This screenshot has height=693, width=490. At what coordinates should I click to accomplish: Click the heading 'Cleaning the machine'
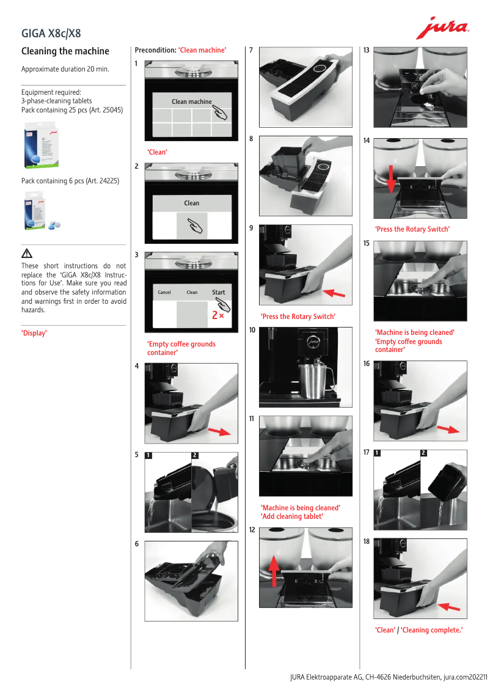[65, 51]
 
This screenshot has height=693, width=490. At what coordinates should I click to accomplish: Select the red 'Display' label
[34, 333]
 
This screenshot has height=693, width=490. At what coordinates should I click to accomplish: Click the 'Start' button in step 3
[219, 292]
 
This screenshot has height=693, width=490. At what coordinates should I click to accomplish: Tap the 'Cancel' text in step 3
[164, 293]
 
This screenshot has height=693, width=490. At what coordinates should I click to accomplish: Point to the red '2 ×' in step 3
[218, 315]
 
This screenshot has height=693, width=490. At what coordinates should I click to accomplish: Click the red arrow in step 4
[219, 431]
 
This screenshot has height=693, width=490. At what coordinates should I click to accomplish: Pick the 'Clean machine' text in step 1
[191, 101]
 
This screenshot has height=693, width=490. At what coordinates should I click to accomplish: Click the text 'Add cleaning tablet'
[292, 516]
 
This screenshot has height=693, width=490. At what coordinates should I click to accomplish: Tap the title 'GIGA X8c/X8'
[51, 33]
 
